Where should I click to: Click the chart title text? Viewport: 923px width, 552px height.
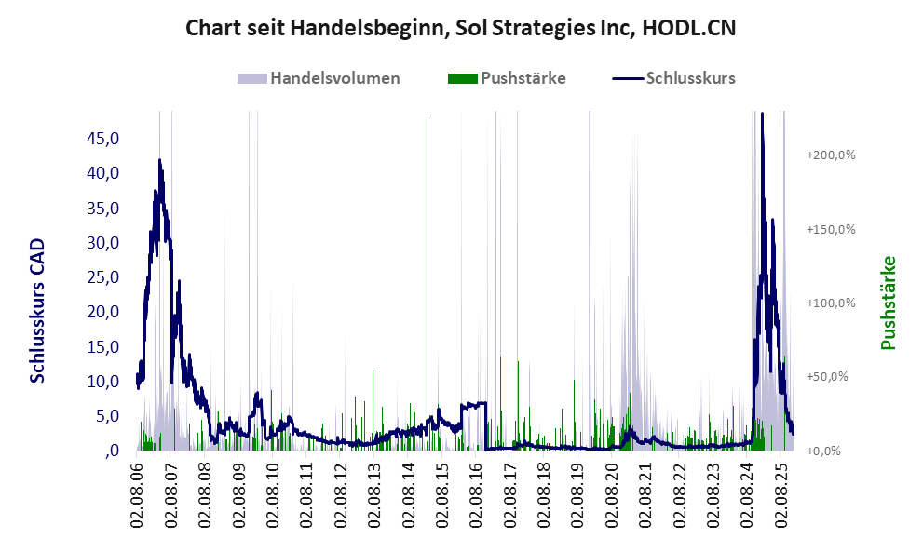pos(461,27)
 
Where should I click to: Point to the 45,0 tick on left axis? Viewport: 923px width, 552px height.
pos(102,139)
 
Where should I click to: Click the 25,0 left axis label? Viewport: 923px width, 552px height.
pos(102,277)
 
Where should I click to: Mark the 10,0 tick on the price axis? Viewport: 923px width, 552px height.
pos(102,382)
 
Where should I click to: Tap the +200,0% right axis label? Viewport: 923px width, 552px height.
pos(831,155)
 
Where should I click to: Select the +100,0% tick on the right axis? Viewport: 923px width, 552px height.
pos(831,303)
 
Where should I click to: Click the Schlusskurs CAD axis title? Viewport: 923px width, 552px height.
pos(38,310)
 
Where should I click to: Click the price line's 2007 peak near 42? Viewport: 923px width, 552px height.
pos(160,161)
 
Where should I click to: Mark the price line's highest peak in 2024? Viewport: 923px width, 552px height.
pos(762,114)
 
